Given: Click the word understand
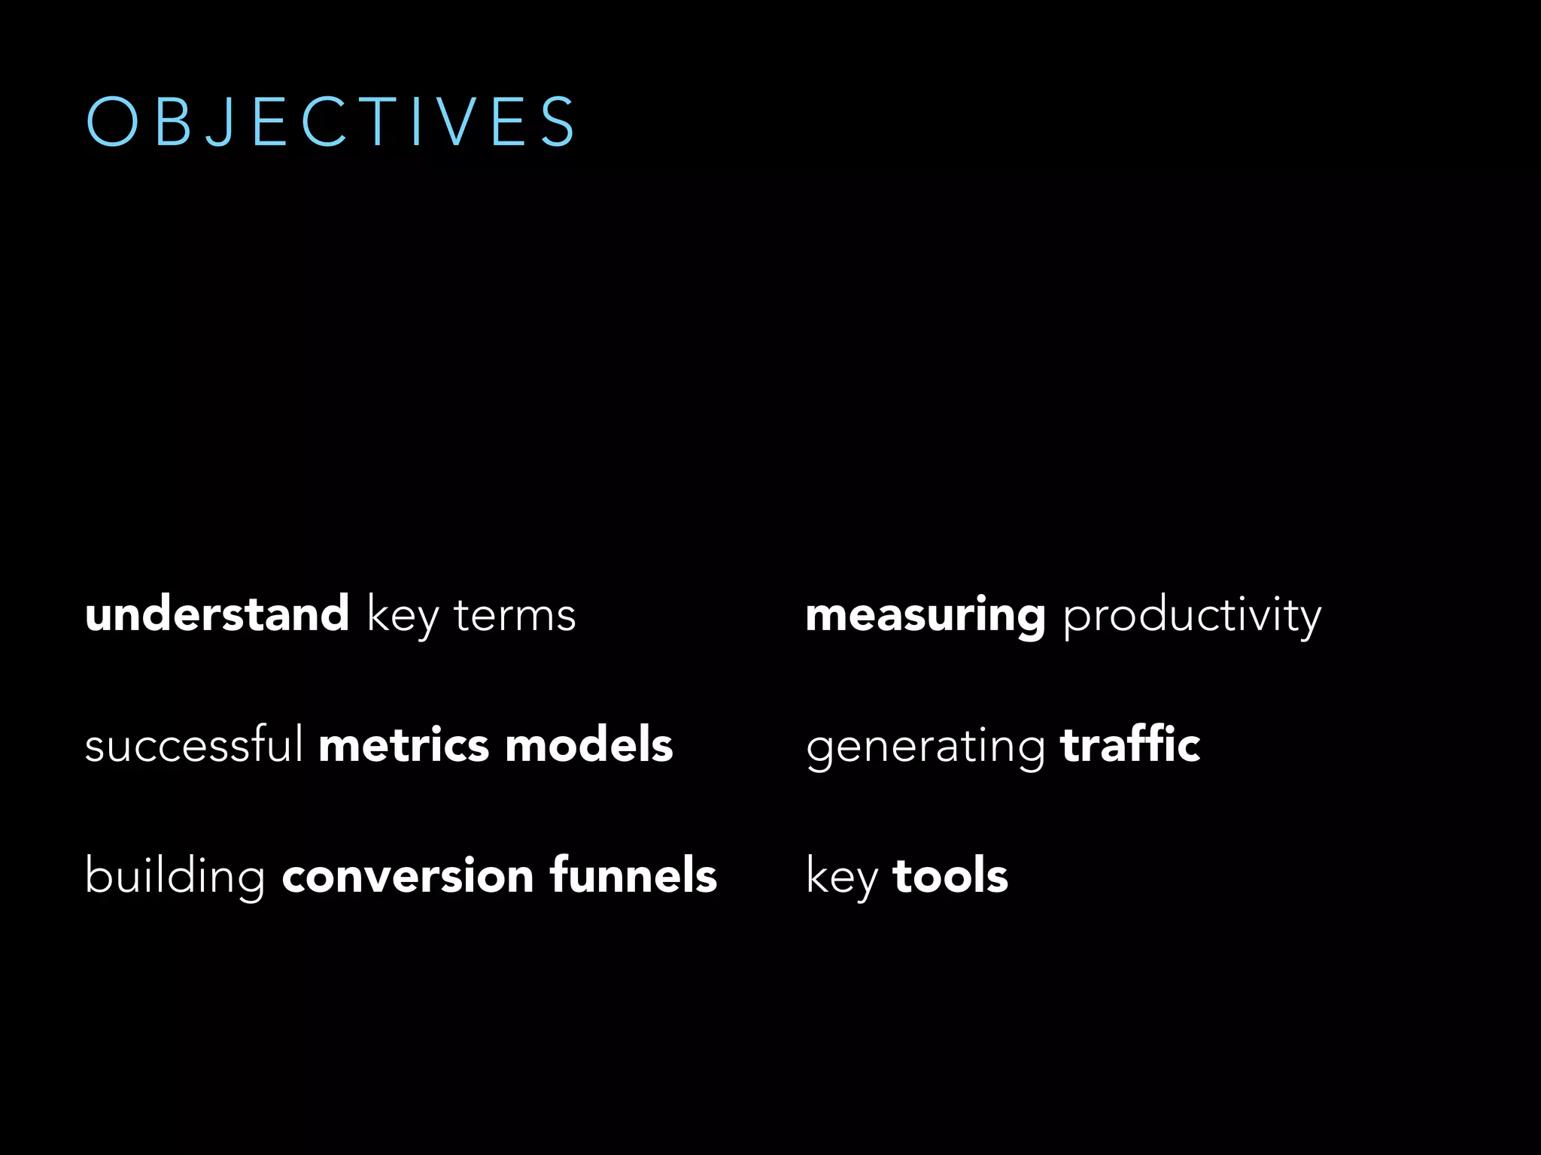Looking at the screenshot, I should click(x=217, y=614).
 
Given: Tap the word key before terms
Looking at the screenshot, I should click(x=403, y=617).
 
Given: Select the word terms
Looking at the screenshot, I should click(x=515, y=616).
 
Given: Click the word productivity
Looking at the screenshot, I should click(x=1192, y=617).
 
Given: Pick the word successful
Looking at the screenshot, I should click(x=194, y=745).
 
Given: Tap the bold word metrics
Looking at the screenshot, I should click(x=404, y=745).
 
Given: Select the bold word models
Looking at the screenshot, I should click(x=589, y=745).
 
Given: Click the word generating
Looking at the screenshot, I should click(x=926, y=748).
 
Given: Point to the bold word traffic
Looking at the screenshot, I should click(x=1130, y=745).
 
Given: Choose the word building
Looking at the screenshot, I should click(x=175, y=877).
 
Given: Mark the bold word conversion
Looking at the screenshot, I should click(x=408, y=877).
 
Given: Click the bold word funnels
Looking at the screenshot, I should click(x=634, y=875).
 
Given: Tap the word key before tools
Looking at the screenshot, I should click(x=842, y=878).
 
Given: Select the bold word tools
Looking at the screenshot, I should click(x=950, y=877).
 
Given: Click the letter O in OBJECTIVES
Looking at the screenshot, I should click(x=112, y=122).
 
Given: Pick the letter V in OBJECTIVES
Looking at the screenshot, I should click(x=455, y=122).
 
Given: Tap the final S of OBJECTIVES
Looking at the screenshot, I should click(x=559, y=122).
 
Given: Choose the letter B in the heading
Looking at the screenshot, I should click(x=173, y=122).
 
